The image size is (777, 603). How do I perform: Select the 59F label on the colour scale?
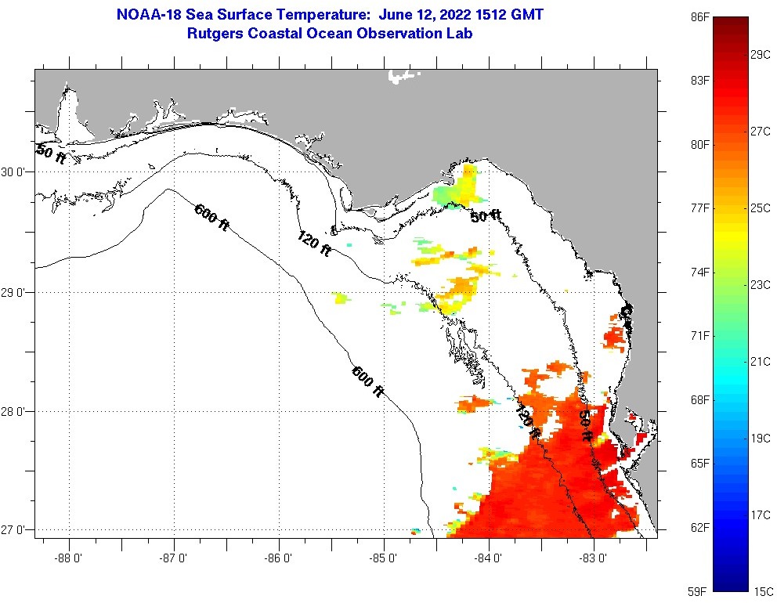699,590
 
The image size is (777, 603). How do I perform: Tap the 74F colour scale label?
699,273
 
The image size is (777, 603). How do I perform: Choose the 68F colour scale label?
699,400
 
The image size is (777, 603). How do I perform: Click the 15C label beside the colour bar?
762,590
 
